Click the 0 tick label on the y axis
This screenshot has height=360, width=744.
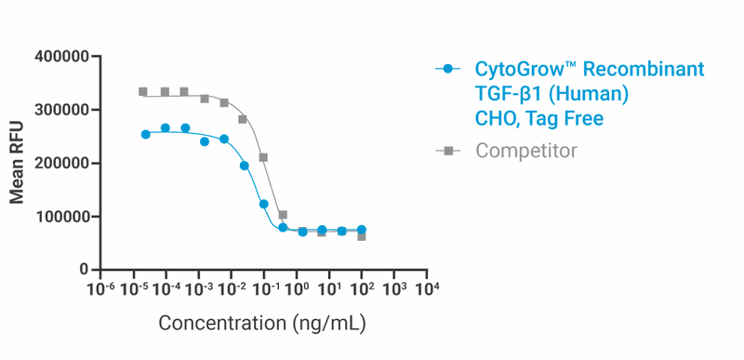click(x=84, y=270)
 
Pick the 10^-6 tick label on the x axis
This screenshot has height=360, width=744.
click(x=100, y=290)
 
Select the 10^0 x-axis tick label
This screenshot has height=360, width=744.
click(x=297, y=290)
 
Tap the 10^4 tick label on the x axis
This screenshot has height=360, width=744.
click(x=427, y=290)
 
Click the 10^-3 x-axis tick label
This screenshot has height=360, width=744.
click(x=198, y=290)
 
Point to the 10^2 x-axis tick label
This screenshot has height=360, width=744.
click(x=362, y=290)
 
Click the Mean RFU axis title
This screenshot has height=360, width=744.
click(x=18, y=164)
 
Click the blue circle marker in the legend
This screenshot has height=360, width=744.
click(x=448, y=69)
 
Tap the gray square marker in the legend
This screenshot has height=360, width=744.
click(x=448, y=151)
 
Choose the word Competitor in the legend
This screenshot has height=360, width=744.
click(x=526, y=151)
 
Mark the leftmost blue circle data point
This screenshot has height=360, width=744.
click(x=145, y=134)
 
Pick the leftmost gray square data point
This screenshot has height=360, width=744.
click(x=143, y=92)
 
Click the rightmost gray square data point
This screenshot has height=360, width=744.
click(x=362, y=236)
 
